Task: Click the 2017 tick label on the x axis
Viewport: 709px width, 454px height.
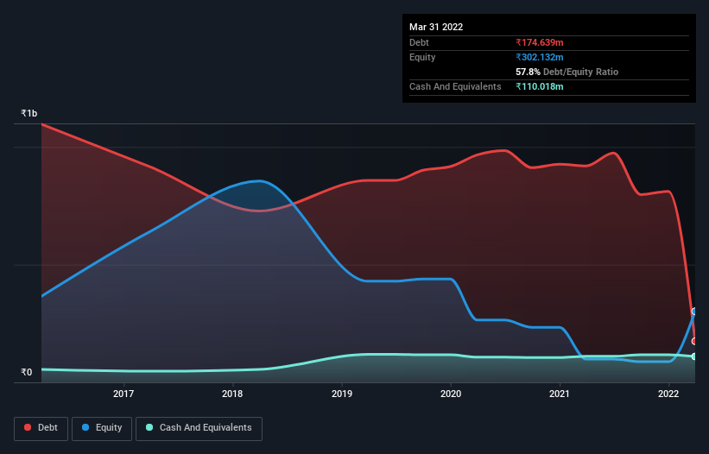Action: pos(123,394)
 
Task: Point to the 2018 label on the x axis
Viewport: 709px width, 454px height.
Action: pos(232,394)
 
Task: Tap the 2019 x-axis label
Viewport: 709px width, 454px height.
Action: pos(342,394)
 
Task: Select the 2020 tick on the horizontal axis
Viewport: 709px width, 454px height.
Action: pos(451,394)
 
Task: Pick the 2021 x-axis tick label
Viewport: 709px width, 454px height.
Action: pos(560,394)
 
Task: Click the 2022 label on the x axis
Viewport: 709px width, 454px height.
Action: pos(668,394)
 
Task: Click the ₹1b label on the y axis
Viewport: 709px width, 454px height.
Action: pos(29,114)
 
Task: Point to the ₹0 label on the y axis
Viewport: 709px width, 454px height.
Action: pos(26,373)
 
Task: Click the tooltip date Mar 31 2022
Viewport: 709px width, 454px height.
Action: pos(436,27)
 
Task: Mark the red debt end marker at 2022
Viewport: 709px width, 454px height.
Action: pos(694,342)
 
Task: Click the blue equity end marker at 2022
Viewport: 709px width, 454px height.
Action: pos(694,312)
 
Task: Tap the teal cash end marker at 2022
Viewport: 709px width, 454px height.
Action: pos(694,356)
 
